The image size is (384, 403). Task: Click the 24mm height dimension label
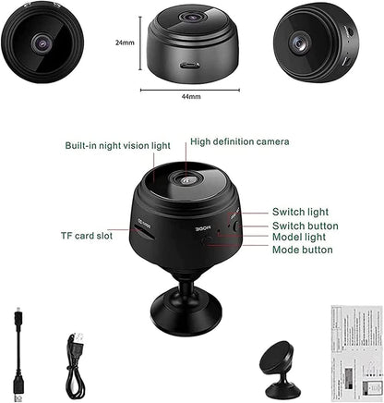(x=126, y=42)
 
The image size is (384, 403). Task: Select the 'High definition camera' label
(x=239, y=141)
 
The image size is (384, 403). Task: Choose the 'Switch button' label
(x=305, y=226)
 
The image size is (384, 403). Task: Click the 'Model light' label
(x=299, y=238)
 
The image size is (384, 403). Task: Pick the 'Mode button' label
(x=303, y=250)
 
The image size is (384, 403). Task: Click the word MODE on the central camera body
(x=203, y=231)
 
